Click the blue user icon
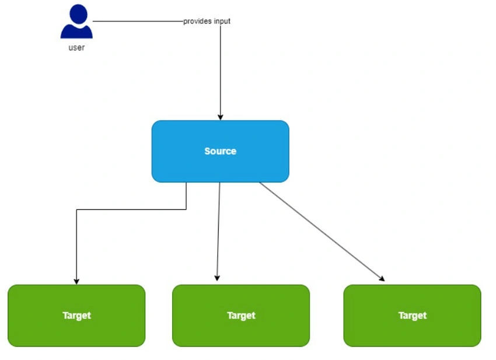[x=76, y=22]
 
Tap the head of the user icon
[x=78, y=13]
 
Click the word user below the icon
[x=76, y=48]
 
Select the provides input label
[x=207, y=21]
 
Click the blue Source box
[x=220, y=151]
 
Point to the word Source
[x=220, y=151]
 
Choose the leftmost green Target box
[x=76, y=316]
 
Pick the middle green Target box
[x=241, y=316]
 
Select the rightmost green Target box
[x=412, y=316]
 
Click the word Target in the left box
[x=76, y=316]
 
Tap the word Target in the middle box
[x=241, y=316]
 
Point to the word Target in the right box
[x=413, y=316]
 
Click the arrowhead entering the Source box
[x=221, y=117]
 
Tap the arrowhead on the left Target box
[x=76, y=282]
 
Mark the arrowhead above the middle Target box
[x=217, y=278]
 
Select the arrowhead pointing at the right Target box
[x=382, y=278]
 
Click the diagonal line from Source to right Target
[x=322, y=232]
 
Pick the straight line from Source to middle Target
[x=218, y=232]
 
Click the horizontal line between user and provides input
[x=138, y=21]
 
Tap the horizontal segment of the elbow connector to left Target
[x=131, y=209]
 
